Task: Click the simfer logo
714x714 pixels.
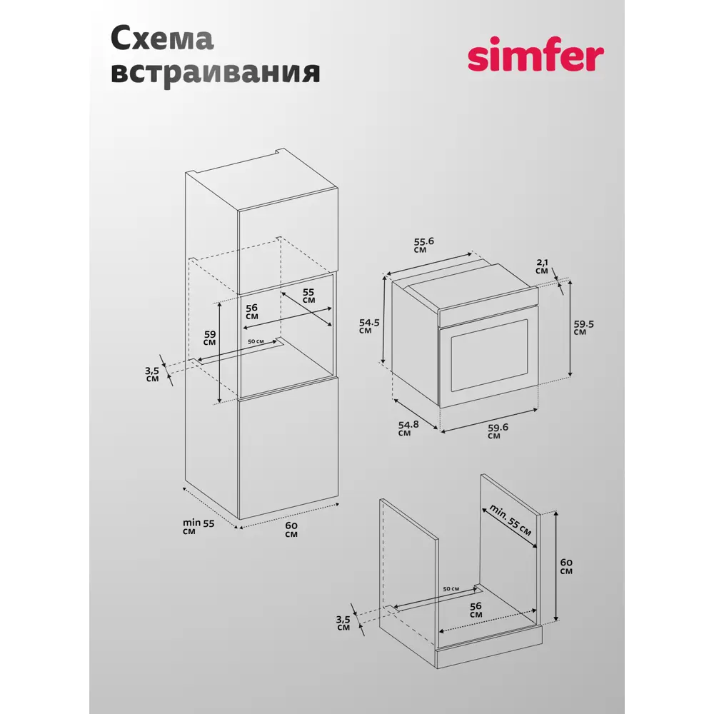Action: coord(535,57)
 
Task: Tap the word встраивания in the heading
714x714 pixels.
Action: coord(215,72)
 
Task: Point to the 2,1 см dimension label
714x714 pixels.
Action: coord(543,266)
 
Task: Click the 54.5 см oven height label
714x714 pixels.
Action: coord(368,326)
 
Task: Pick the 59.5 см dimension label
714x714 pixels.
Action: coord(583,327)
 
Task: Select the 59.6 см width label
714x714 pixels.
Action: coord(498,431)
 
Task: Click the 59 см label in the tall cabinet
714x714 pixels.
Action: coord(209,337)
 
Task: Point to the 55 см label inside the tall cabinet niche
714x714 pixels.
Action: coord(308,296)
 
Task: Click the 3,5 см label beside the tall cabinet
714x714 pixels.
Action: coord(152,374)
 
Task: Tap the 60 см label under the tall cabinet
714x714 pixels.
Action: coord(291,530)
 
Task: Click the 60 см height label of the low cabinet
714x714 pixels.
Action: coord(565,565)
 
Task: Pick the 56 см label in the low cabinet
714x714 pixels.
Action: coord(476,609)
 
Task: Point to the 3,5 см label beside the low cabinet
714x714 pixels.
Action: coord(343,623)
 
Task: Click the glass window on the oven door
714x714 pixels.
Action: coord(488,356)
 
